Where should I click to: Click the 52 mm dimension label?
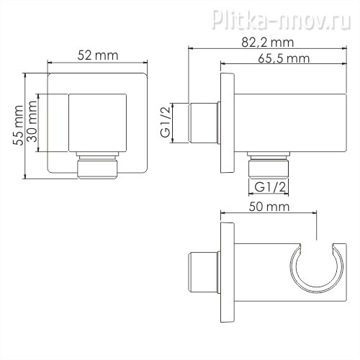point(98,55)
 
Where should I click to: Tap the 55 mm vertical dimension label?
point(18,125)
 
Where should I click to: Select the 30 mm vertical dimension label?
point(32,121)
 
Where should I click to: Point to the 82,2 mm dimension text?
point(268,42)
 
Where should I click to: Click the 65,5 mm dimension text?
point(284,58)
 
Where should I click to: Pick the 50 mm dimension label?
point(269,207)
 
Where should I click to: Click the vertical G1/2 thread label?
point(166,122)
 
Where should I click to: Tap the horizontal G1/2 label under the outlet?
point(270,187)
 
